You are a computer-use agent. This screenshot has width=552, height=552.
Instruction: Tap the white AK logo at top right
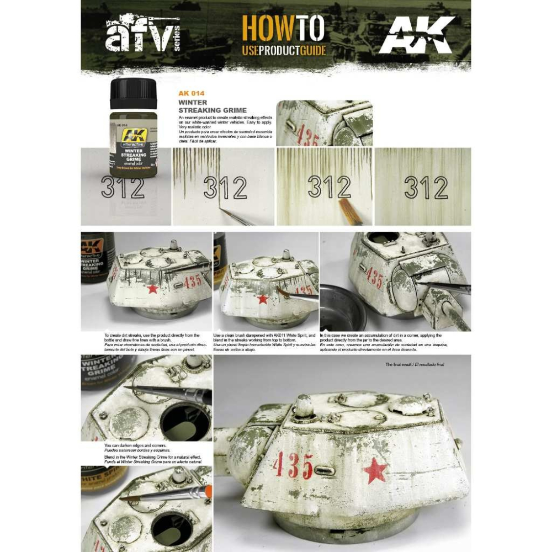[417, 36]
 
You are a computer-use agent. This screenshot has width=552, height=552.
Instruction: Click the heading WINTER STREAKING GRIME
[200, 106]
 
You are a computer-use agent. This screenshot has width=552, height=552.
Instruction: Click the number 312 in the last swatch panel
[425, 189]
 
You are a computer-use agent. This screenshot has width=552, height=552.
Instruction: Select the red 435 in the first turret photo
[193, 281]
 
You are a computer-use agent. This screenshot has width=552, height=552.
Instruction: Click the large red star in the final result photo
[375, 471]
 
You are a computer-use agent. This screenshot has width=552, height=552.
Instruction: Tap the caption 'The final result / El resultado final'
[415, 365]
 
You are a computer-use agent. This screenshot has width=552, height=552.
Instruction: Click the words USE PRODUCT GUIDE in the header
[284, 51]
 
